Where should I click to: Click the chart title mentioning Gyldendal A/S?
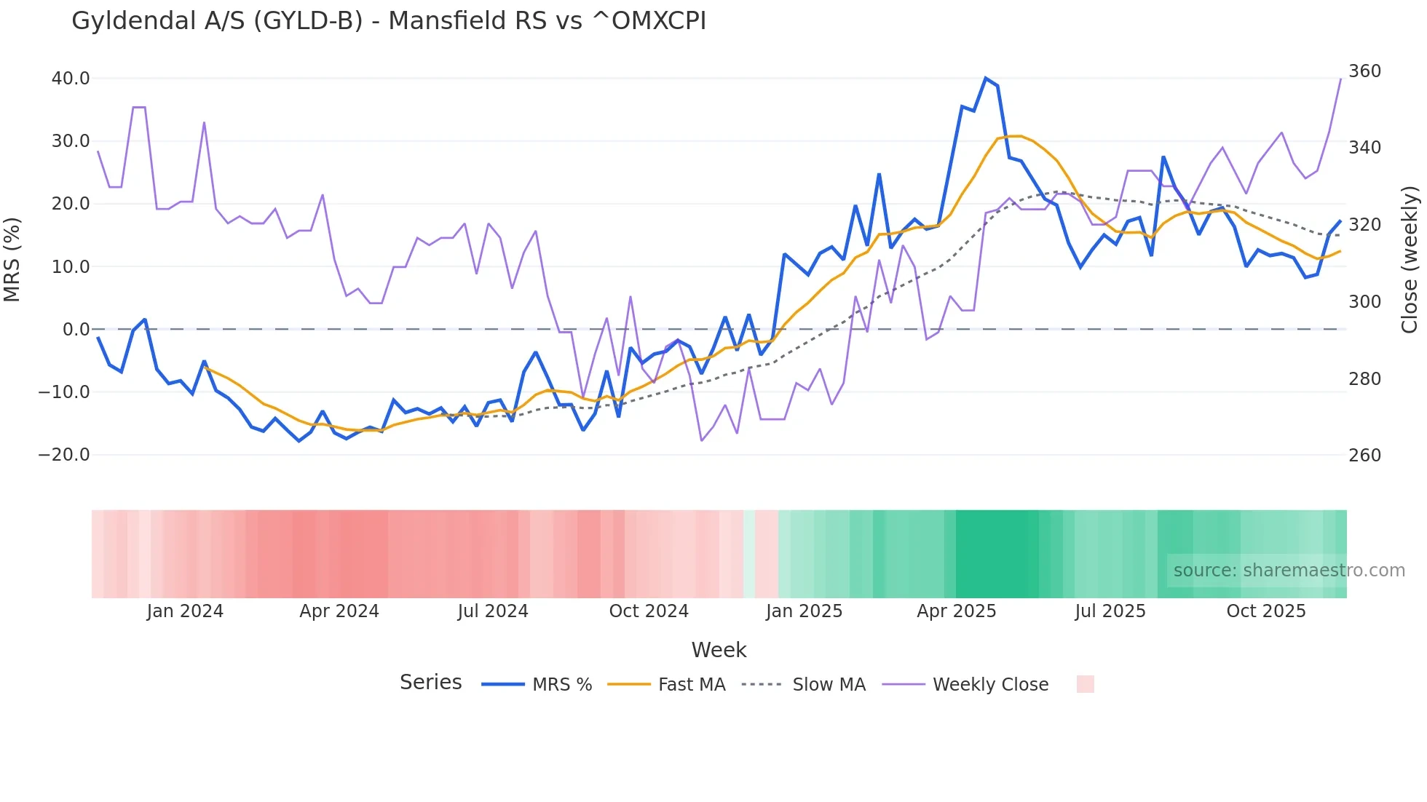click(x=389, y=21)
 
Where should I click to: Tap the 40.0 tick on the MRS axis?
click(x=71, y=78)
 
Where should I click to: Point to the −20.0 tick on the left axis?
click(x=64, y=455)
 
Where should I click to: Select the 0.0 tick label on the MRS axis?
click(x=76, y=330)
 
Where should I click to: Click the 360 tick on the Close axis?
click(x=1364, y=71)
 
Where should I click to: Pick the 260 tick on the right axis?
click(x=1364, y=456)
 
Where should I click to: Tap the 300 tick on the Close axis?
click(x=1364, y=301)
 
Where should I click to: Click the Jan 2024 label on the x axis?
click(x=185, y=611)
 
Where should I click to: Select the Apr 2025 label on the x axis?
click(x=956, y=611)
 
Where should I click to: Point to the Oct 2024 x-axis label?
click(x=649, y=611)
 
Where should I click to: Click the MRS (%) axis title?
click(x=12, y=260)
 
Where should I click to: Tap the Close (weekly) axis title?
click(x=1410, y=260)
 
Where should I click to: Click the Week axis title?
click(x=719, y=650)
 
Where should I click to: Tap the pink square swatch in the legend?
click(x=1085, y=684)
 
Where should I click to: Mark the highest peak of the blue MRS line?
click(x=985, y=78)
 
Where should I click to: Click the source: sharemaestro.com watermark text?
click(x=1289, y=571)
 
